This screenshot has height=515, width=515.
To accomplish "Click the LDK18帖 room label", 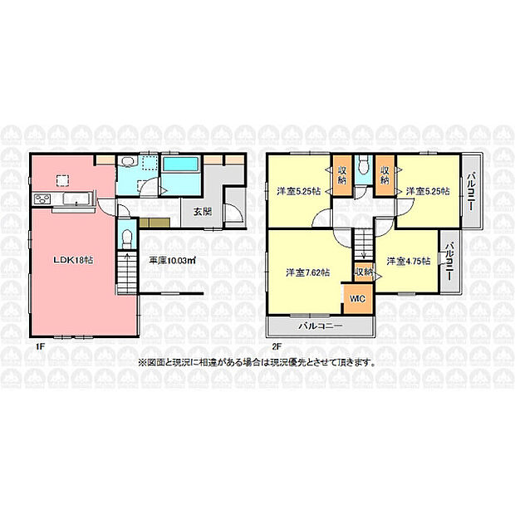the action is click(74, 260).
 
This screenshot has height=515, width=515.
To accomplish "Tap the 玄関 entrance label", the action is click(202, 212).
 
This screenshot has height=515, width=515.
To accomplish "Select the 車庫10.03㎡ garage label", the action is click(173, 261).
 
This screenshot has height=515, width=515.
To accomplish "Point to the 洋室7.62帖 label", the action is click(307, 272).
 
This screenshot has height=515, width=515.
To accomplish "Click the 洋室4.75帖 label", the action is click(408, 261).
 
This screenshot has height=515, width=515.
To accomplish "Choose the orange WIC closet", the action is click(358, 298).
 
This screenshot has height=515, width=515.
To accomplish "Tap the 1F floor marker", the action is click(40, 346).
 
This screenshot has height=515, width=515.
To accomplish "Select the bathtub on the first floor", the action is click(181, 165).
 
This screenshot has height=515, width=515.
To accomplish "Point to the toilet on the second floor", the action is click(364, 165).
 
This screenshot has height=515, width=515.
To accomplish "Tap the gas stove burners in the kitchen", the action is click(42, 199).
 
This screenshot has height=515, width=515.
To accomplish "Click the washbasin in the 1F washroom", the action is click(127, 161).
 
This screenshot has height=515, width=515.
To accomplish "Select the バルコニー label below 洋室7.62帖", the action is click(321, 326).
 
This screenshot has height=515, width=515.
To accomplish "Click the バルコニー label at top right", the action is click(471, 191).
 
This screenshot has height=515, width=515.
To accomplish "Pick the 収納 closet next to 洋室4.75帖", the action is click(364, 272).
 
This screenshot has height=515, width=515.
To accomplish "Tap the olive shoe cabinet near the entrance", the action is click(154, 223).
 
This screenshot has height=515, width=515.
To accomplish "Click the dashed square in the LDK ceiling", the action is click(62, 180).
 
